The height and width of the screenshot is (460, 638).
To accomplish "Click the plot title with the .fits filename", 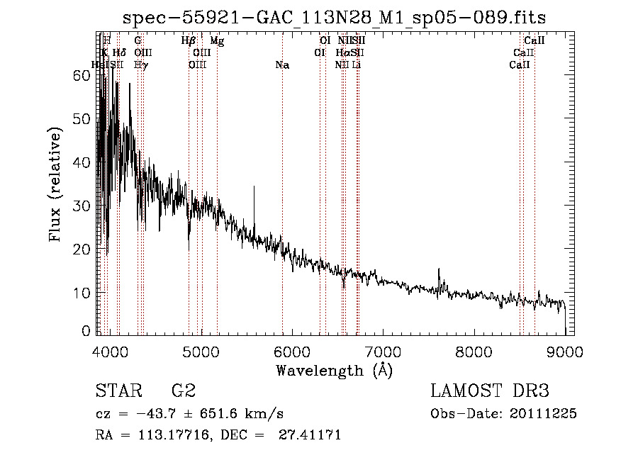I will pos(334,17).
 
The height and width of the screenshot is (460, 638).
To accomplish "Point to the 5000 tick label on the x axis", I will pos(201,352).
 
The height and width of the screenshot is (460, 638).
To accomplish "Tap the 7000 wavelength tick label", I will pos(383,352).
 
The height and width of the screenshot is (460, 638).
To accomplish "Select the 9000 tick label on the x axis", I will pos(565,352).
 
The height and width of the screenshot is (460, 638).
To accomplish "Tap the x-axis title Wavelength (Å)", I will pos(334,370).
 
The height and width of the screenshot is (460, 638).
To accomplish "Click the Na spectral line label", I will pos(282,65).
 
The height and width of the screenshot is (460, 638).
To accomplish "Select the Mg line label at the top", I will pos(217,41).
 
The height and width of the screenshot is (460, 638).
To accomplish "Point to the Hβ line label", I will pos(189,41).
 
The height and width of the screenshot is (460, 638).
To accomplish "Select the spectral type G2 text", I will pos(183,391).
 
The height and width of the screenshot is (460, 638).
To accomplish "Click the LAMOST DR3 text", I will pos(490,391).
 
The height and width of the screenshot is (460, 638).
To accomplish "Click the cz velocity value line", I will pos(190,414).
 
